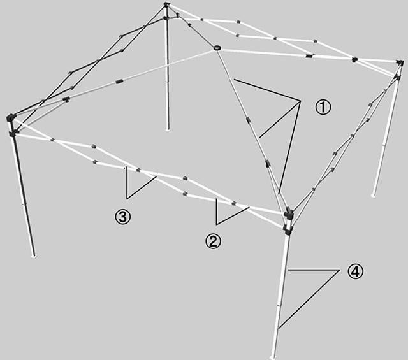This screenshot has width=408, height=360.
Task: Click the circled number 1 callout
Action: [323, 107]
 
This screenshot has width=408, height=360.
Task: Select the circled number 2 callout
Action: [213, 241]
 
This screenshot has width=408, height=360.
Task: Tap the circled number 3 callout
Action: [123, 217]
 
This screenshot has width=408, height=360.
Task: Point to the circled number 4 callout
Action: [355, 271]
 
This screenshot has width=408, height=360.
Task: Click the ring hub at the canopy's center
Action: [217, 48]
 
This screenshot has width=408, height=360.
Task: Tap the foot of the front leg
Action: [273, 357]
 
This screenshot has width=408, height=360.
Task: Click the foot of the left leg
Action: [34, 256]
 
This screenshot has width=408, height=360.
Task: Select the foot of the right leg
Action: [374, 194]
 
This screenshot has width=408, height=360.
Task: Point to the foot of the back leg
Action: [168, 129]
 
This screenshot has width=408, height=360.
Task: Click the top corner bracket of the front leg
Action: [288, 213]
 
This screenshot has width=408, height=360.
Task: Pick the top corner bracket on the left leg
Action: [10, 117]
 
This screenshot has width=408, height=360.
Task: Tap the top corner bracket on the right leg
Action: [400, 62]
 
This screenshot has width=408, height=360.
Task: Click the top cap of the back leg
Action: [166, 4]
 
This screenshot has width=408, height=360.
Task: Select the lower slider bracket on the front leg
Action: [288, 229]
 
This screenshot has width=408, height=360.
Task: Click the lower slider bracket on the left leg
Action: [13, 134]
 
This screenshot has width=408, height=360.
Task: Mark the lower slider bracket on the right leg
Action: [397, 77]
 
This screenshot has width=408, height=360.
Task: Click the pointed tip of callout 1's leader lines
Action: [300, 101]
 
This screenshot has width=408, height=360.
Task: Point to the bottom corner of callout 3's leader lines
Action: [127, 199]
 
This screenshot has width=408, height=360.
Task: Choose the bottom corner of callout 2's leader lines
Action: [216, 224]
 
